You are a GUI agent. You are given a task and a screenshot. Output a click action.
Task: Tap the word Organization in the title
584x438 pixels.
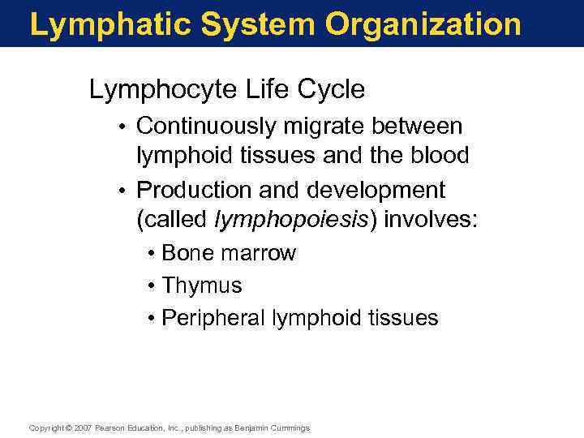pos(423,24)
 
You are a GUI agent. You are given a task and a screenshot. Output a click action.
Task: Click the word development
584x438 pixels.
pos(376,190)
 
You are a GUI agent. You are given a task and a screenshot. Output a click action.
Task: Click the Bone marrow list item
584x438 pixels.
pos(229,253)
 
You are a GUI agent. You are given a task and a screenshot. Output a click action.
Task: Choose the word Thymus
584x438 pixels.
pos(202,286)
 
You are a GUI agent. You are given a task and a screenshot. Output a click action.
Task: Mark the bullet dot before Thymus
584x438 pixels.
pos(152,286)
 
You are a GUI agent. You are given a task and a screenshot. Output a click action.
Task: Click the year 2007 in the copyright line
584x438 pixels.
pos(84,428)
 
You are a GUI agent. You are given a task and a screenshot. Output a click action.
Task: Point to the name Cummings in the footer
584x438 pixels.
pos(289,428)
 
